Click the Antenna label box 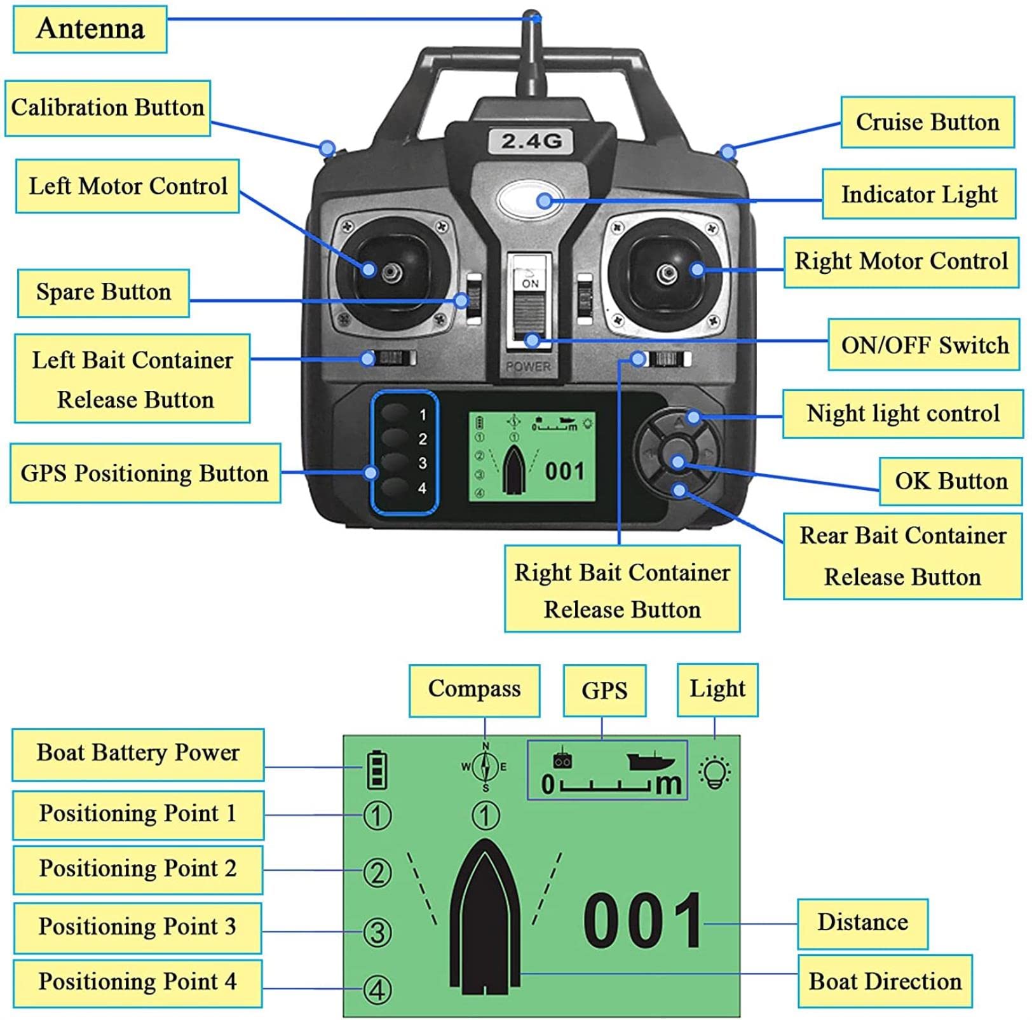coord(90,29)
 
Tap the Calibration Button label coord(107,108)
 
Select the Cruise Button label coord(927,122)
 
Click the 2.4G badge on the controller coord(531,140)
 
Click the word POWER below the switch coord(528,367)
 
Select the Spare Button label coord(103,292)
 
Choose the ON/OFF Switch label coord(924,345)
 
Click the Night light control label coord(902,414)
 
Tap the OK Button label coord(951,481)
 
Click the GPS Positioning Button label coord(145,473)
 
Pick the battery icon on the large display coord(377,770)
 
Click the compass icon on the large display coord(485,767)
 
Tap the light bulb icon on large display coord(715,772)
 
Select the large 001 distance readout coord(642,920)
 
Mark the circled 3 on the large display coord(377,932)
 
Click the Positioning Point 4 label coord(137,982)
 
